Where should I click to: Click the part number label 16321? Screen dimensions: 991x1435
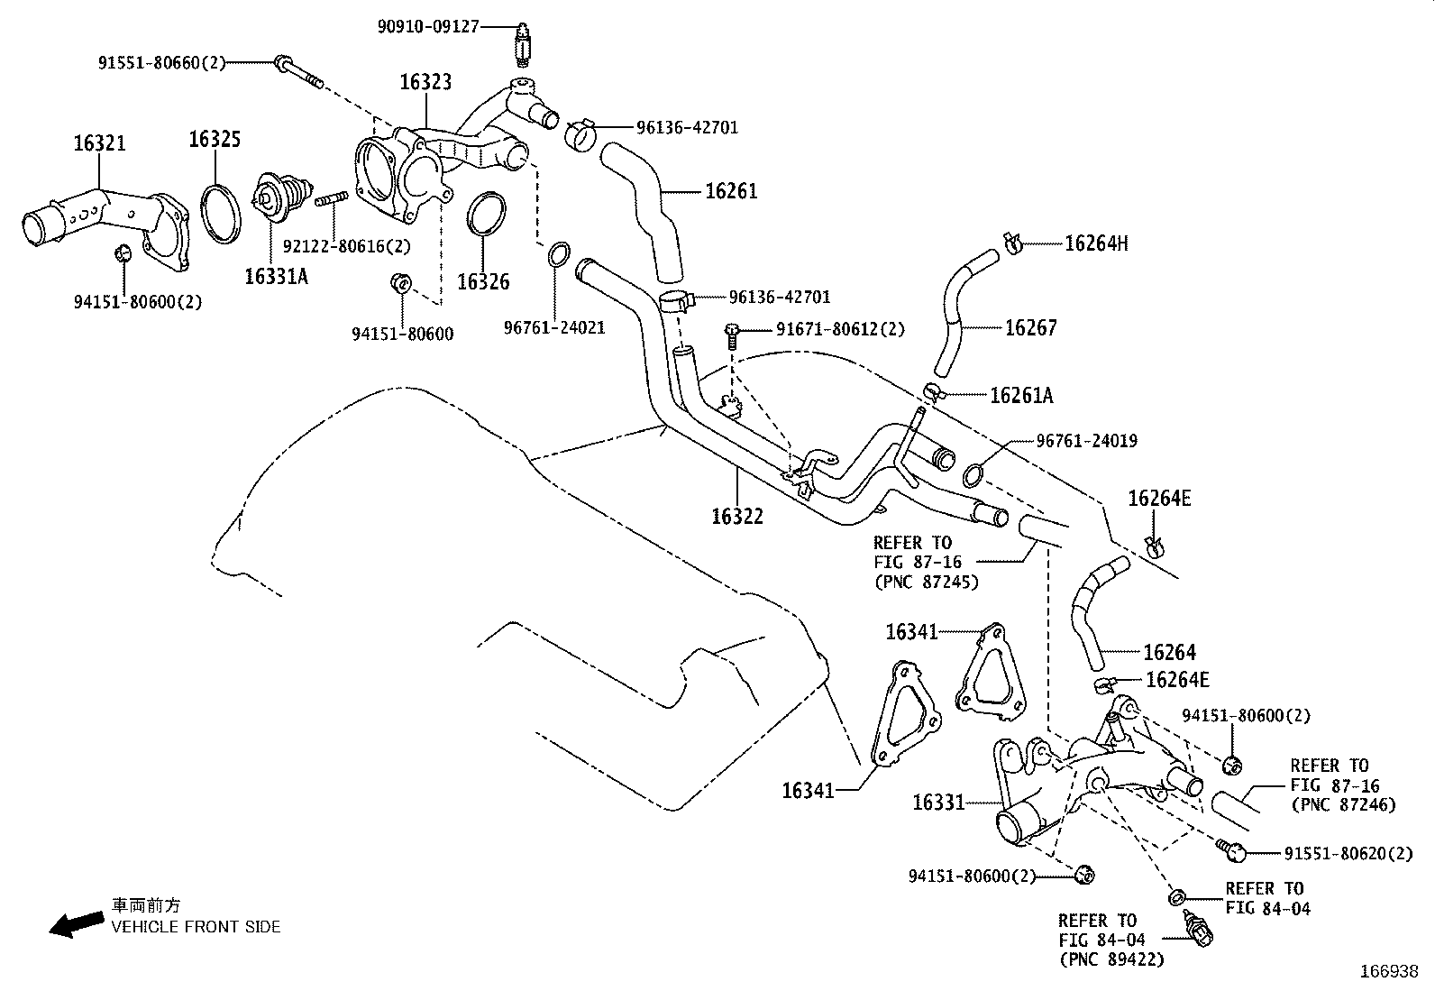click(99, 143)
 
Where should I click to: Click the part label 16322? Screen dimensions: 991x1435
click(736, 516)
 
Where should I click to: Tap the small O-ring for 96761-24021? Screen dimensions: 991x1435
click(558, 254)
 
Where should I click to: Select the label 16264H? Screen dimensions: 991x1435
click(1096, 243)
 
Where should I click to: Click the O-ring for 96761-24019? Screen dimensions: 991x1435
click(974, 474)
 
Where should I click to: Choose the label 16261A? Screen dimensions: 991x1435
click(1020, 395)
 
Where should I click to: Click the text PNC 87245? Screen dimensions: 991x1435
click(926, 582)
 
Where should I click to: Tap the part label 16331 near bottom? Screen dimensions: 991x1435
click(938, 802)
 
